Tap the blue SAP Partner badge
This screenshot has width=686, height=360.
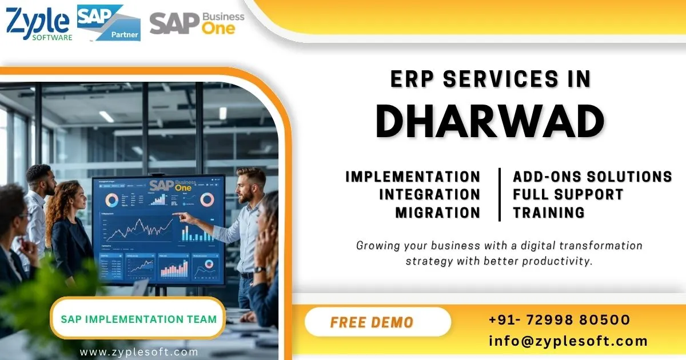pyautogui.click(x=109, y=23)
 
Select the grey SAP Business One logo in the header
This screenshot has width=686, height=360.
pyautogui.click(x=197, y=23)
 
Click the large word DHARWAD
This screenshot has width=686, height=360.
pyautogui.click(x=491, y=122)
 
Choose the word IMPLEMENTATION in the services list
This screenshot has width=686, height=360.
pyautogui.click(x=413, y=176)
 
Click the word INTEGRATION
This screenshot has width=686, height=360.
pyautogui.click(x=429, y=194)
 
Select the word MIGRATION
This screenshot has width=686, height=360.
pyautogui.click(x=438, y=213)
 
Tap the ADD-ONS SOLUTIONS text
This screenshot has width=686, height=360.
pyautogui.click(x=592, y=176)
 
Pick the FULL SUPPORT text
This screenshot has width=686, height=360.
pyautogui.click(x=568, y=194)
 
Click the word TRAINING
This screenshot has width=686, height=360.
pyautogui.click(x=549, y=213)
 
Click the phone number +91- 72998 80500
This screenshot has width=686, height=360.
pyautogui.click(x=559, y=319)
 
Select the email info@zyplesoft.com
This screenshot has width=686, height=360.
pyautogui.click(x=568, y=341)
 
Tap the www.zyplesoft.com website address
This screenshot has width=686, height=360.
pyautogui.click(x=139, y=352)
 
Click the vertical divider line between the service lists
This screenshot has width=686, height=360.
pyautogui.click(x=500, y=194)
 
